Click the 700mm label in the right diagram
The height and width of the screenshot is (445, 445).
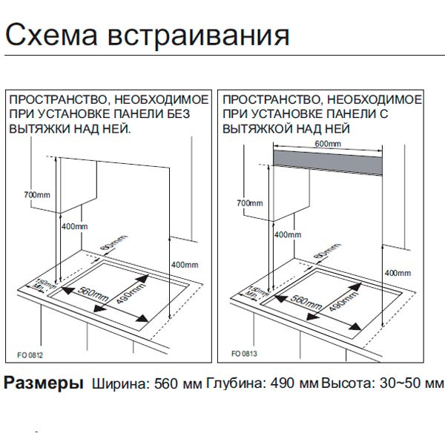(249, 202)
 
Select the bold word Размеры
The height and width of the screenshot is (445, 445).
(43, 384)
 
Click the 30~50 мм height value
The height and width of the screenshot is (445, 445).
(418, 385)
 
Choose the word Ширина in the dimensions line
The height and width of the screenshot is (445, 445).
(119, 385)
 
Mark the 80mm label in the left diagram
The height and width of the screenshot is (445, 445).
(110, 245)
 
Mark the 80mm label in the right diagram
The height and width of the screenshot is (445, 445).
(323, 255)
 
